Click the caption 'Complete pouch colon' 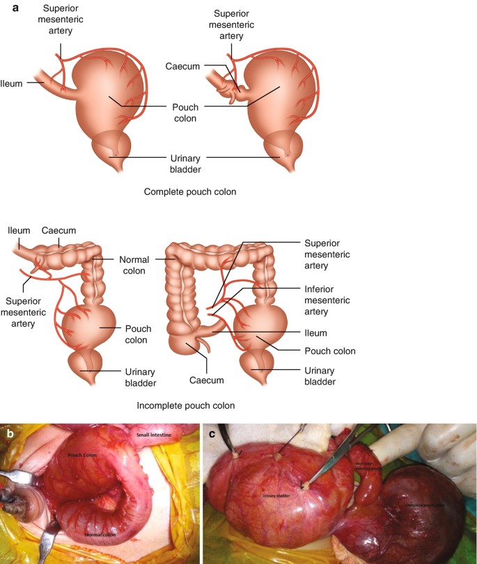pos(185,191)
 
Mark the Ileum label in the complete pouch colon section pos(13,83)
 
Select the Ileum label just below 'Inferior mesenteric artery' pos(315,333)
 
